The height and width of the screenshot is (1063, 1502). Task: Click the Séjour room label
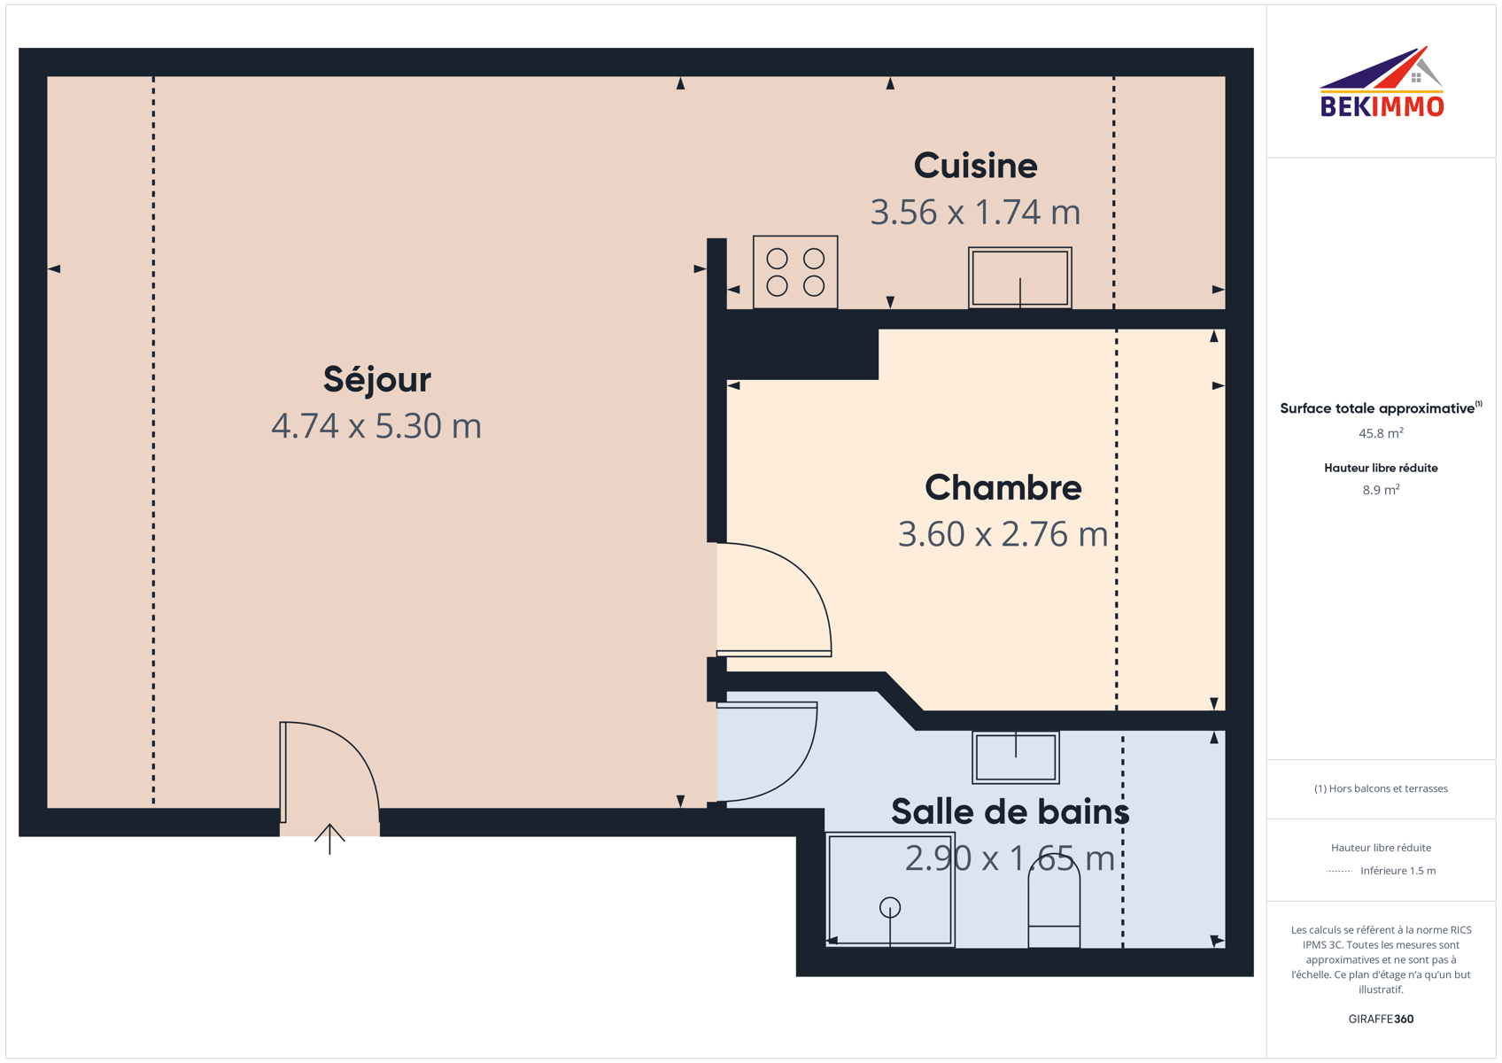coord(377,380)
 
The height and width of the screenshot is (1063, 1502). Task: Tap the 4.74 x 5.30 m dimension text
coord(376,426)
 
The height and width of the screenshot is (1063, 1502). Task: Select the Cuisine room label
coord(976,166)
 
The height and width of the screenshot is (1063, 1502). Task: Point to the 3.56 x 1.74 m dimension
coord(976,212)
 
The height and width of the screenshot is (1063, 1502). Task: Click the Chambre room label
coord(1003,487)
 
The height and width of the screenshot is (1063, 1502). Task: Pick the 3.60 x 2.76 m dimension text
coord(1003,534)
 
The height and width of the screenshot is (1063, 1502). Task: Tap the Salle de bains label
coord(1010,811)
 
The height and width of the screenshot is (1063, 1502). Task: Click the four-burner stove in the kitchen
coord(795,272)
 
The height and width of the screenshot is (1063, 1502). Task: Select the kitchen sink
coord(1020,277)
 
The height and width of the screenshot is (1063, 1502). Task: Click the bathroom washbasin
coord(1016,757)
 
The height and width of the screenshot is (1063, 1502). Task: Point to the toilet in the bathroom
coord(1054,902)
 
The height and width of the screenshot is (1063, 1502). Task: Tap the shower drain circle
coord(890,907)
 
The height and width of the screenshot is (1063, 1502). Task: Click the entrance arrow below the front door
coord(329,838)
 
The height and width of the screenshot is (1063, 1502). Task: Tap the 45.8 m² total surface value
coord(1381,433)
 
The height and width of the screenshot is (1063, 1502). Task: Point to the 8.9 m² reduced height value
coord(1381,490)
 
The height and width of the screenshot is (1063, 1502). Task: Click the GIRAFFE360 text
coord(1381,1019)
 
